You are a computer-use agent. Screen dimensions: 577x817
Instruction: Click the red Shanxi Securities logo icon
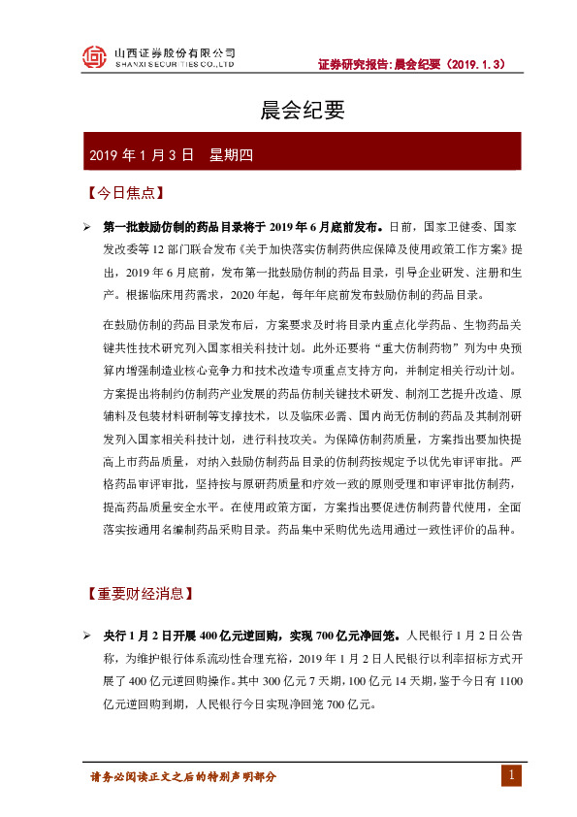coord(94,57)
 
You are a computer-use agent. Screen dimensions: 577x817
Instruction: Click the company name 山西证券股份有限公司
coord(175,52)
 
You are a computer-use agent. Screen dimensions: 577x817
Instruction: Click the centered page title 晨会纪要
coord(289,111)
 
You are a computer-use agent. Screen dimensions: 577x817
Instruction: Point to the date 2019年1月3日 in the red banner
coord(142,154)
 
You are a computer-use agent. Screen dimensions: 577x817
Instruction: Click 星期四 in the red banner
coord(231,154)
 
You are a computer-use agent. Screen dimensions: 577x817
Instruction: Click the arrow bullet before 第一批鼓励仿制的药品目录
coord(86,227)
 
